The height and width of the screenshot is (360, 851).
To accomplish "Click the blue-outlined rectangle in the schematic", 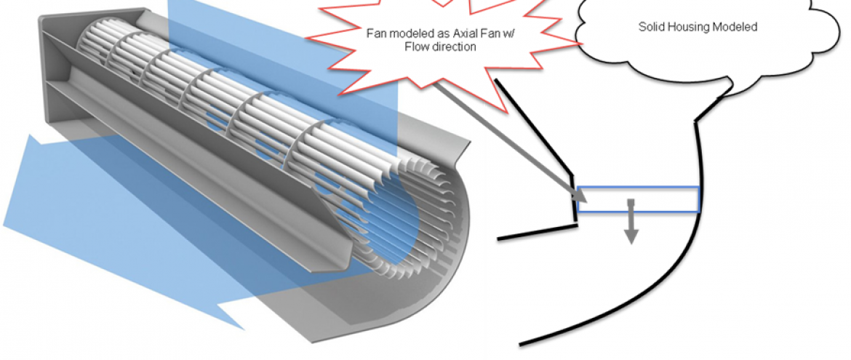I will point(639,193).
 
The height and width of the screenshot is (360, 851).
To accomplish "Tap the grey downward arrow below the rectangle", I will point(631,225).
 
